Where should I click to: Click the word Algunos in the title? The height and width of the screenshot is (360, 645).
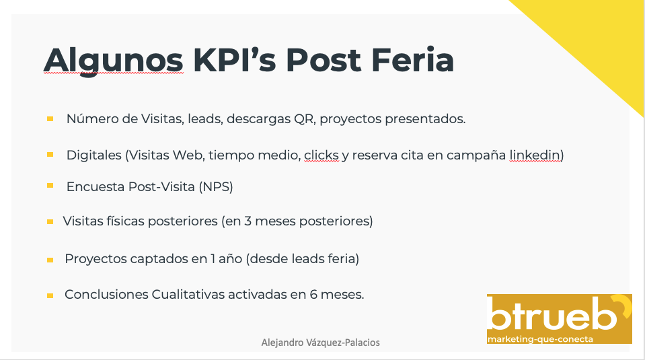click(113, 60)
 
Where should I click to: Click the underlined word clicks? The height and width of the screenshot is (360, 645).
click(321, 155)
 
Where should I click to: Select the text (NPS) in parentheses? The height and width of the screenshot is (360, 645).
click(216, 187)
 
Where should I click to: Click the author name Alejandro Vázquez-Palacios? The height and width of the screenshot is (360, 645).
click(320, 343)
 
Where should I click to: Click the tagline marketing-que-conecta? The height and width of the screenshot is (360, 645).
click(541, 338)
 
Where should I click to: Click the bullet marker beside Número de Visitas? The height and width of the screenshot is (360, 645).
click(50, 119)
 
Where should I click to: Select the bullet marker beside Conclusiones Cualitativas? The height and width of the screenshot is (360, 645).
click(50, 295)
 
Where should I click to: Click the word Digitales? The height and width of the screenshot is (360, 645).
click(93, 155)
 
